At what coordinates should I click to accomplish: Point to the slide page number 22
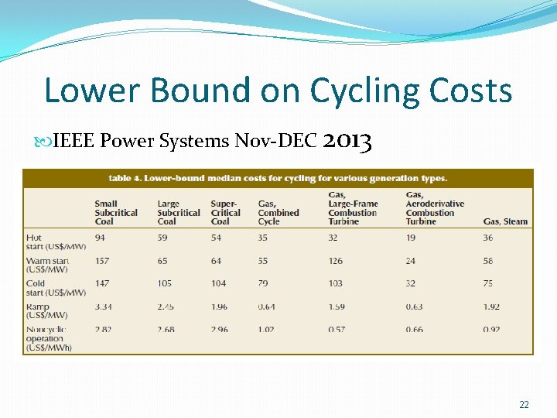click(524, 405)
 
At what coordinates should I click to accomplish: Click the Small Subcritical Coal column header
click(116, 212)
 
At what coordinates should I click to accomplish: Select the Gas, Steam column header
click(505, 221)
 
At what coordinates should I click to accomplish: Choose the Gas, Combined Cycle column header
click(278, 212)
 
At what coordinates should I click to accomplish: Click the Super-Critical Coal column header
click(225, 212)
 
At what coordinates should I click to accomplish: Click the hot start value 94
click(101, 238)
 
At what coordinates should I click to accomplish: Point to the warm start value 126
click(336, 261)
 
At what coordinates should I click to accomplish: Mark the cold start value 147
click(103, 284)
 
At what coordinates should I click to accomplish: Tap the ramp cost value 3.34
click(104, 307)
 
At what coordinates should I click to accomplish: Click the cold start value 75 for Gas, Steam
click(488, 284)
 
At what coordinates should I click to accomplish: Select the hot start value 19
click(411, 238)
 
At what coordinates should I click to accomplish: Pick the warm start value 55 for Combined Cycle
click(263, 261)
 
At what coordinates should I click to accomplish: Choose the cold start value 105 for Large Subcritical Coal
click(165, 284)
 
